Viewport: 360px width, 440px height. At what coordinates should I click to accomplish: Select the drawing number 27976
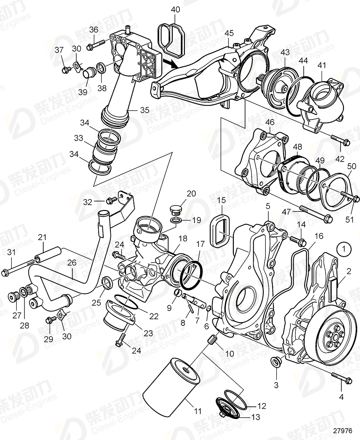(x=344, y=431)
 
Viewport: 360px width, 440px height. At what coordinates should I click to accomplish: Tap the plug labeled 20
(x=176, y=210)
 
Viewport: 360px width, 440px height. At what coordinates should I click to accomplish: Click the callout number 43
(x=286, y=53)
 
